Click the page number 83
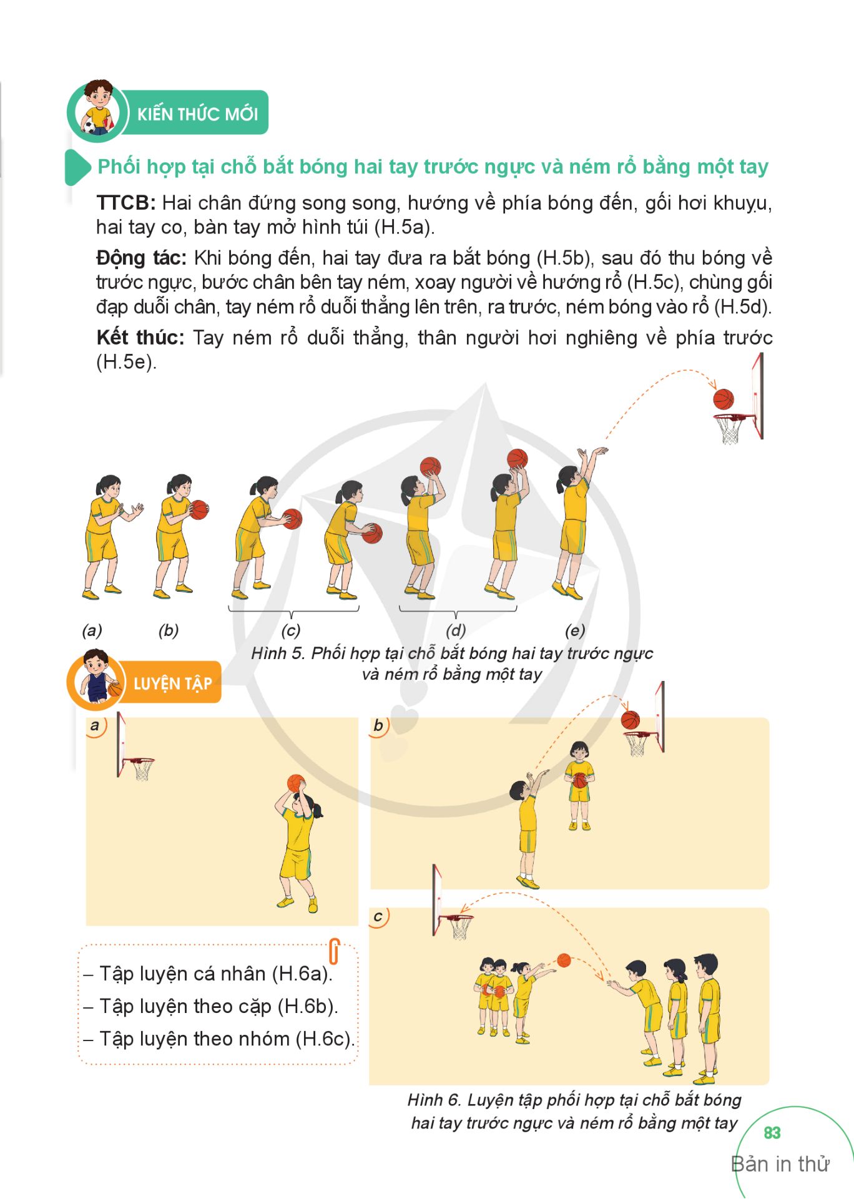pyautogui.click(x=772, y=1133)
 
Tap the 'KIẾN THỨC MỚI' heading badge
pyautogui.click(x=197, y=114)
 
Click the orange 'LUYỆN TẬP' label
pyautogui.click(x=172, y=683)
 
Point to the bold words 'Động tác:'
pyautogui.click(x=141, y=258)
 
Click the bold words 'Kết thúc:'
pyautogui.click(x=140, y=338)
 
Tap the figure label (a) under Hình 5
pyautogui.click(x=92, y=630)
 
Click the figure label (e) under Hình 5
pyautogui.click(x=575, y=630)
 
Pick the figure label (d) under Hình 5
pyautogui.click(x=456, y=630)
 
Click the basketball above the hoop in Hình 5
pyautogui.click(x=724, y=399)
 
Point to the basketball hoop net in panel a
pyautogui.click(x=142, y=770)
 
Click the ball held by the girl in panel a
pyautogui.click(x=296, y=783)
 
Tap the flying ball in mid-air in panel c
pyautogui.click(x=564, y=960)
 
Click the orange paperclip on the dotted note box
pyautogui.click(x=334, y=951)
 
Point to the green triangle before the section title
pyautogui.click(x=77, y=167)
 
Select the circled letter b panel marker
pyautogui.click(x=379, y=726)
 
